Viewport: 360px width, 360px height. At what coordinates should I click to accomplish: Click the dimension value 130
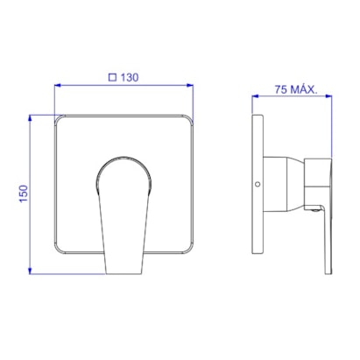click(x=130, y=78)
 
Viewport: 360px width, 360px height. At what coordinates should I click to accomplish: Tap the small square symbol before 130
click(x=112, y=77)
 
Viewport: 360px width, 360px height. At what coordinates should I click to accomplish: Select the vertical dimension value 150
click(x=24, y=194)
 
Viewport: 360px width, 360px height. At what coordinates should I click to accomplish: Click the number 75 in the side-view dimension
click(x=280, y=89)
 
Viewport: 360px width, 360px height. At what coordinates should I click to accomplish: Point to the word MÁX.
click(x=304, y=88)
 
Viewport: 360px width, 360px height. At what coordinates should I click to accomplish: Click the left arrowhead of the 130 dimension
click(x=58, y=85)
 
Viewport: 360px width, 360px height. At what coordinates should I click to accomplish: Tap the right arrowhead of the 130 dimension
click(x=190, y=85)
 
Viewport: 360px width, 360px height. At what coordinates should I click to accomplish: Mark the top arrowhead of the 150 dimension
click(x=30, y=118)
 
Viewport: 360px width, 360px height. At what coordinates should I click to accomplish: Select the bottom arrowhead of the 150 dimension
click(x=30, y=271)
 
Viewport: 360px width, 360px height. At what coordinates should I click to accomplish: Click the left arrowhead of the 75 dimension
click(x=255, y=95)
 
